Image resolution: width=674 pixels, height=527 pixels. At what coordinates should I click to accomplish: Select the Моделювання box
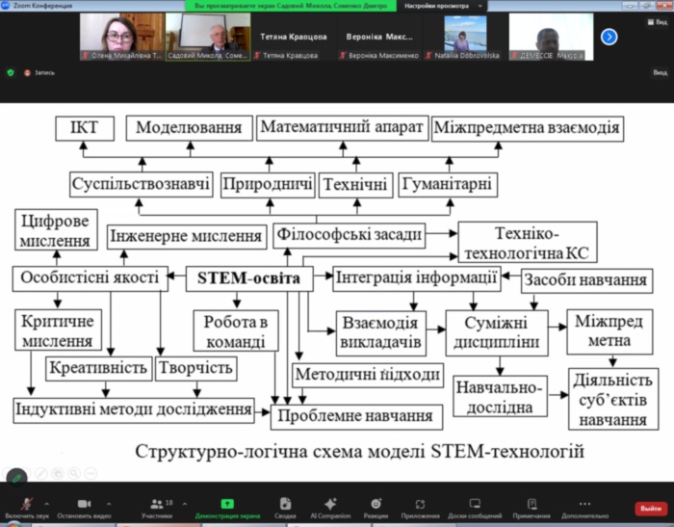(x=188, y=128)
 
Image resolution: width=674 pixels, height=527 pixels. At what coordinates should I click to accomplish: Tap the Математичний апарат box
(x=342, y=128)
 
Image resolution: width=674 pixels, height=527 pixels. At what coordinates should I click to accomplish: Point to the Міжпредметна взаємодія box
(x=528, y=128)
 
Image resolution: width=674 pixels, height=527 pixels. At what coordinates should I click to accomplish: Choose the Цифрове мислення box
(x=55, y=229)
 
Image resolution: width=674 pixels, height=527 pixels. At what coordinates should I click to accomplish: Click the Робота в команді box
(x=236, y=329)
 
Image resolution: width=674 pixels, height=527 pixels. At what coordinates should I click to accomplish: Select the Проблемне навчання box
(x=357, y=416)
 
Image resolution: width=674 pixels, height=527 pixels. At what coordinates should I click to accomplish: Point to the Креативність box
(x=97, y=367)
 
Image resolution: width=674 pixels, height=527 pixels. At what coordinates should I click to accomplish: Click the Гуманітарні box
(x=448, y=183)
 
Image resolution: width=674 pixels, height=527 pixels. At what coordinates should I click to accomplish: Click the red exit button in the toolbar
(x=650, y=509)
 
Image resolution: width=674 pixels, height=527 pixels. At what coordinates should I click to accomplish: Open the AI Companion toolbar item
(x=330, y=507)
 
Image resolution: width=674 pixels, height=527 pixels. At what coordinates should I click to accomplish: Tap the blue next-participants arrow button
(x=609, y=37)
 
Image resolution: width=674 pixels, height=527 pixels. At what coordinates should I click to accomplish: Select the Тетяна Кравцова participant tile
(x=293, y=38)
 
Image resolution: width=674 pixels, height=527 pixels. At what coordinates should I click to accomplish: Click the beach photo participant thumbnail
(x=465, y=33)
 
